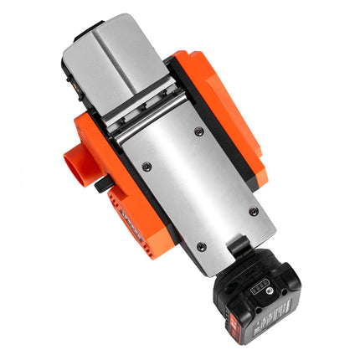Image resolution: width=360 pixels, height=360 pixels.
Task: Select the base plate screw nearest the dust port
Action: coord(147,167)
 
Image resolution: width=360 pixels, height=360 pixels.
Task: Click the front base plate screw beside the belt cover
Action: coord(198,131)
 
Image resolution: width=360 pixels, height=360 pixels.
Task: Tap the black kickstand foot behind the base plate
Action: coord(237,246)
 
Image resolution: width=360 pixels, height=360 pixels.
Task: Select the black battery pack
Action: coord(260,301)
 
